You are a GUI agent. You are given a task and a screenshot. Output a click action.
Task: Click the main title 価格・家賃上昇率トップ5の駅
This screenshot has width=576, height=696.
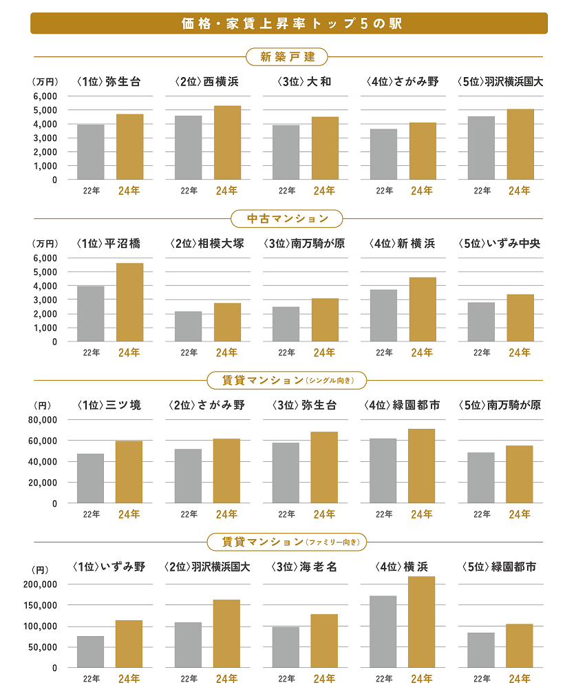pyautogui.click(x=288, y=23)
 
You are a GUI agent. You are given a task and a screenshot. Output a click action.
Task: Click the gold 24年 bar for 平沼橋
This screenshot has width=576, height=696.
pyautogui.click(x=129, y=302)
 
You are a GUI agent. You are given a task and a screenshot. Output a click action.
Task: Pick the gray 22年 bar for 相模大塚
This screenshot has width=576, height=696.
pyautogui.click(x=189, y=326)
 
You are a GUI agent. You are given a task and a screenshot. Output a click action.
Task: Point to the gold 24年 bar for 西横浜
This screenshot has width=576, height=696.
pyautogui.click(x=227, y=143)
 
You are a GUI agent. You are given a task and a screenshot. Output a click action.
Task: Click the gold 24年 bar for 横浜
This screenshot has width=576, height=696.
pyautogui.click(x=422, y=622)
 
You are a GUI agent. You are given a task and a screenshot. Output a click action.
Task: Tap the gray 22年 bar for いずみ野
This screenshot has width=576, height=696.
pyautogui.click(x=91, y=652)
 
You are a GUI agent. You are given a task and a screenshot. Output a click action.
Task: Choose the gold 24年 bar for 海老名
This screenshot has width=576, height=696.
pyautogui.click(x=324, y=641)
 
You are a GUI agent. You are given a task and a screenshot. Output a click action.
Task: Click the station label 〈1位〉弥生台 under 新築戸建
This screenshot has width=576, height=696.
pyautogui.click(x=109, y=82)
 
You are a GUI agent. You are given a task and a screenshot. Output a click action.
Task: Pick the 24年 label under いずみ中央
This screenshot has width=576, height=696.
pyautogui.click(x=520, y=352)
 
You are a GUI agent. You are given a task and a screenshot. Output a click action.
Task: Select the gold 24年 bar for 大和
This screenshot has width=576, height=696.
pyautogui.click(x=324, y=148)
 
